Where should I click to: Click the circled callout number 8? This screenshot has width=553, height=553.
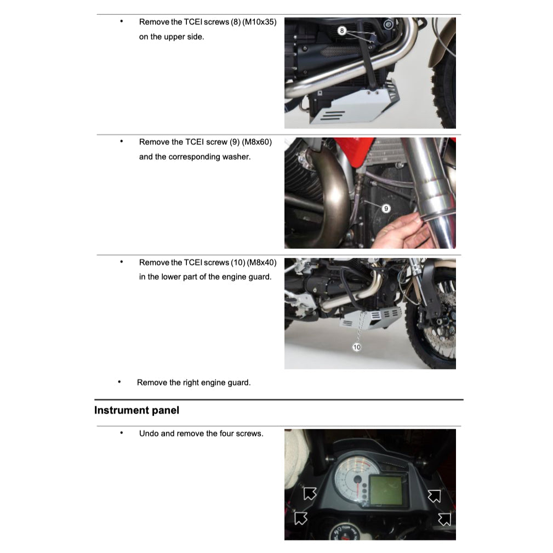coord(341,31)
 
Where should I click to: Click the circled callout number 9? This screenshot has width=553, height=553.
coord(385,208)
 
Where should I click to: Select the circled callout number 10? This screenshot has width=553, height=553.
coord(357,347)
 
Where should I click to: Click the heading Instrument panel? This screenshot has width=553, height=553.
coord(136,410)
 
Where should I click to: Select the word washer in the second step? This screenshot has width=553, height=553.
coord(236,157)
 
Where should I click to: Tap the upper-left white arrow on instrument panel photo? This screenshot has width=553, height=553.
coord(310,493)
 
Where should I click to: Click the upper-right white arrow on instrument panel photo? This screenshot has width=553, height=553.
coord(434,496)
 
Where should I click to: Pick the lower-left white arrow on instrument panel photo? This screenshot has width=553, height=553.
coord(300,517)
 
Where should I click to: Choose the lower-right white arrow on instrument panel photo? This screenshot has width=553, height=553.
coord(444,518)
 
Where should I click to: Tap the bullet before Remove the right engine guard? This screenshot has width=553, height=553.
coord(119,383)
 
